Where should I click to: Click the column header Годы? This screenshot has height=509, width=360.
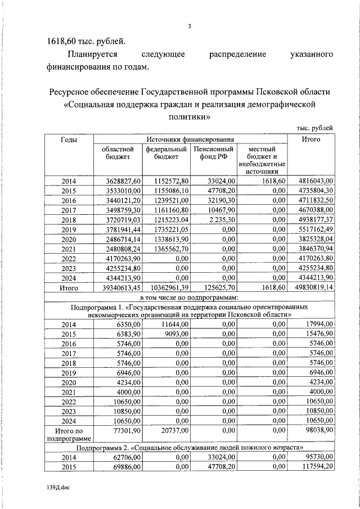(x=69, y=139)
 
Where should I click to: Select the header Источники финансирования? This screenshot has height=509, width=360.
(x=190, y=139)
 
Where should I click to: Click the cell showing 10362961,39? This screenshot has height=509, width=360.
(x=166, y=287)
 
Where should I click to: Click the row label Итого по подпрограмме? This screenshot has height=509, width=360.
(x=69, y=435)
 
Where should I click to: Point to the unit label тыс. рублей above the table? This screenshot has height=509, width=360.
(x=314, y=128)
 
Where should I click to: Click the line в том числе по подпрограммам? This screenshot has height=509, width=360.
(x=190, y=297)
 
